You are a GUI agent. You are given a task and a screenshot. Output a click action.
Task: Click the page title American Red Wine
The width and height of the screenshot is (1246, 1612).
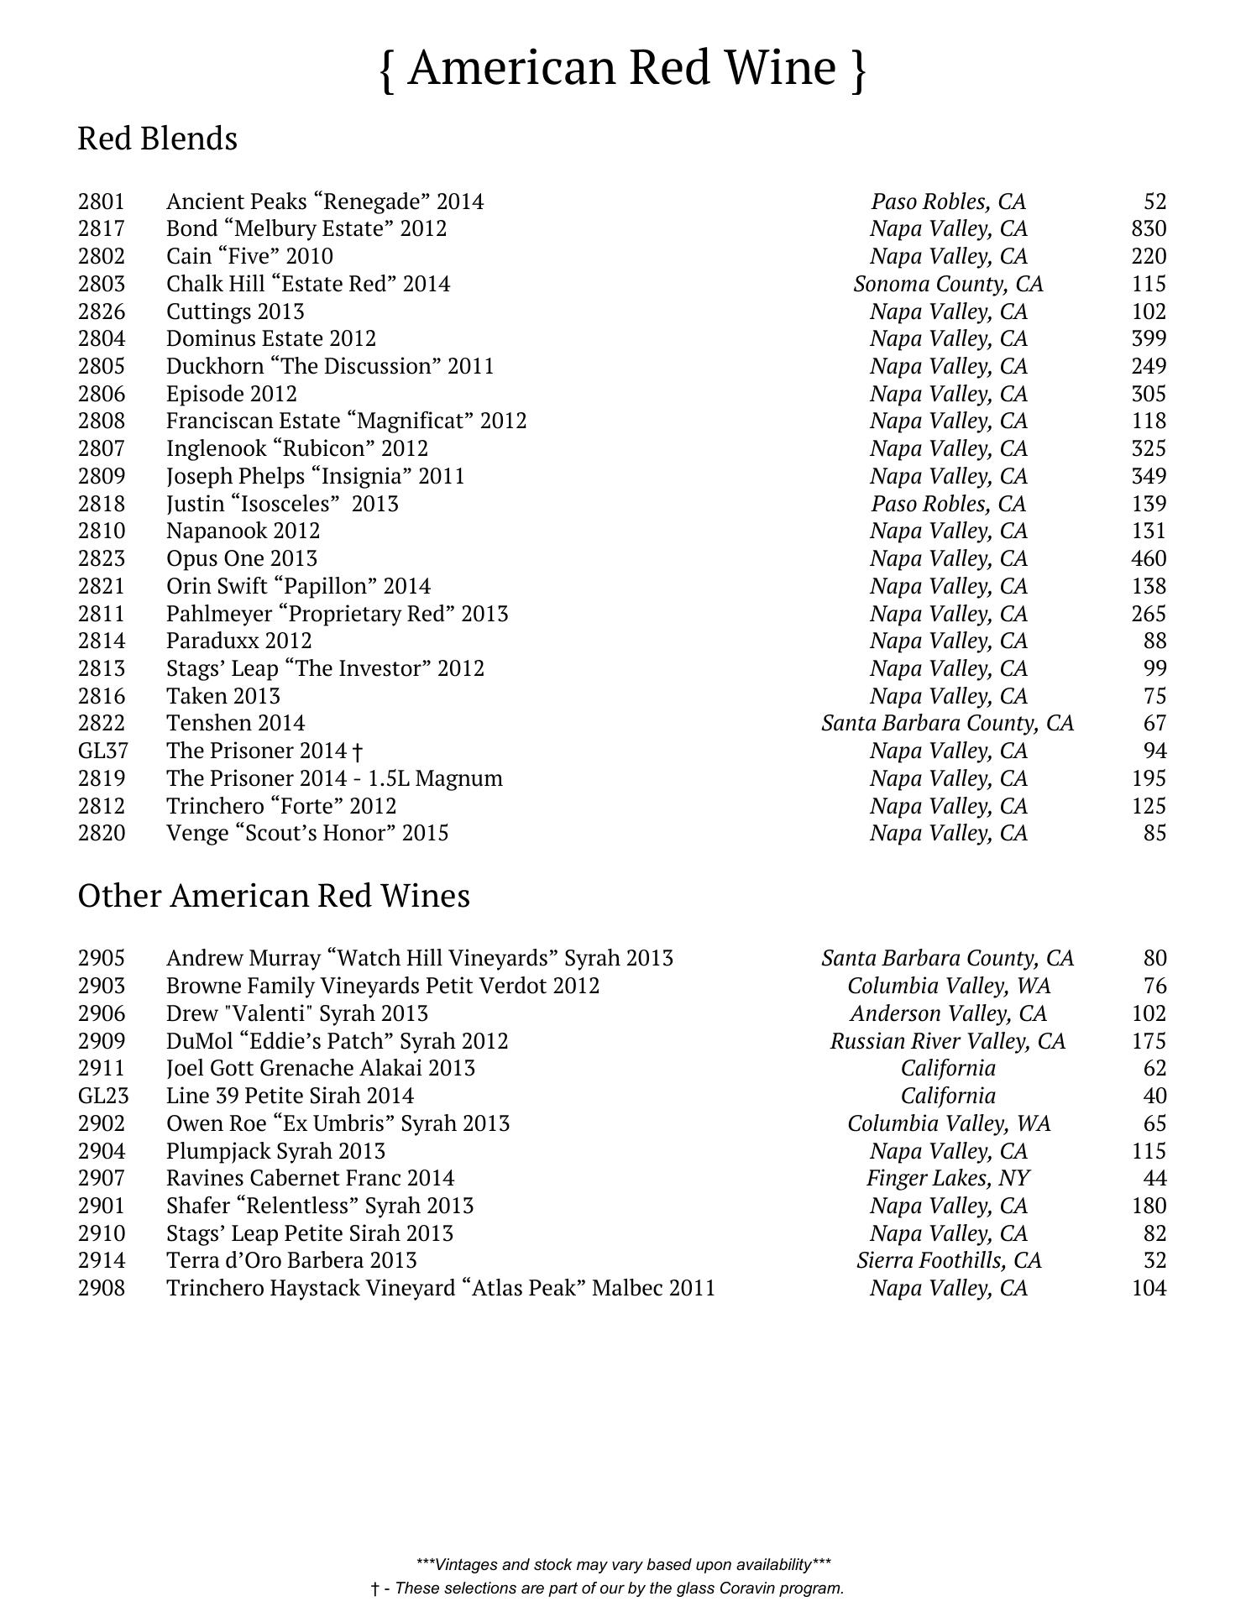[622, 68]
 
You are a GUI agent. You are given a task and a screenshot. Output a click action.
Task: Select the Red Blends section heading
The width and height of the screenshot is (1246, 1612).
[157, 139]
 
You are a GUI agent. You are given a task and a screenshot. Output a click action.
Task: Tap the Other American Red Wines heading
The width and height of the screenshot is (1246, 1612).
[274, 896]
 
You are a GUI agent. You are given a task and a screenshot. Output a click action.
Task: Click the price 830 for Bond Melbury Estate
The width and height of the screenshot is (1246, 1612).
[1148, 228]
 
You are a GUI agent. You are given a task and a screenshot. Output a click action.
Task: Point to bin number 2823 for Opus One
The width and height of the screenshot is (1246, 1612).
[101, 558]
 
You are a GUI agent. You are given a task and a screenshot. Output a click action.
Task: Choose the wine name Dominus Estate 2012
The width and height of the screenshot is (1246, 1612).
[271, 338]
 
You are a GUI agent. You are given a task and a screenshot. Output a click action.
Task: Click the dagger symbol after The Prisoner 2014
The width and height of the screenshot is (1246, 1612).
[359, 751]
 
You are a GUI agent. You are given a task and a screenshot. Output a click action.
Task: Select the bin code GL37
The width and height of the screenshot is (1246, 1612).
[102, 751]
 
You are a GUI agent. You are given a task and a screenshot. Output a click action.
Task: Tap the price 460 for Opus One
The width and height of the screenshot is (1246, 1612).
[1148, 558]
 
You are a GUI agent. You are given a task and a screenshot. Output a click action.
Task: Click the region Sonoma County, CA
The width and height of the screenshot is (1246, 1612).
[948, 284]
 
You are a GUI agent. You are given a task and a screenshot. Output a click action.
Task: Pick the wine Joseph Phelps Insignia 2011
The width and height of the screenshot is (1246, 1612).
[315, 476]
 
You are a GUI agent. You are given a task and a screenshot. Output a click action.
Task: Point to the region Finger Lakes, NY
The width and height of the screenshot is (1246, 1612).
[948, 1178]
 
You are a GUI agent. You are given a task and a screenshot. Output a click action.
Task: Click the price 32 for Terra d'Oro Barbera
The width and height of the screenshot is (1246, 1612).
[1154, 1260]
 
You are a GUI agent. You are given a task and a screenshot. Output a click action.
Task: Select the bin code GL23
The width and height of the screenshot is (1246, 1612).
[102, 1096]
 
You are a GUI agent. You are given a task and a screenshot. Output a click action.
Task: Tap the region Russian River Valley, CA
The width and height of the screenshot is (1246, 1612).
[948, 1041]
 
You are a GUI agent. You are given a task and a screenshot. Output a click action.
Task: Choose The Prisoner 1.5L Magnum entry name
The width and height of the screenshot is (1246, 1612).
[334, 778]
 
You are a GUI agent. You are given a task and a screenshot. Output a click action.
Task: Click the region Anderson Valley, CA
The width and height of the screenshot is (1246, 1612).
[948, 1013]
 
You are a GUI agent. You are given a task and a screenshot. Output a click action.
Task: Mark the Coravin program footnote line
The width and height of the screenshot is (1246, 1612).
[607, 1588]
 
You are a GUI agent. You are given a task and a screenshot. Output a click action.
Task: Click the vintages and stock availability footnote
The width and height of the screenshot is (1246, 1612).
[623, 1564]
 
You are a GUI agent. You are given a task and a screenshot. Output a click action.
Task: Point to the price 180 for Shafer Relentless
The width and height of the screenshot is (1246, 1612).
[1148, 1206]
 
